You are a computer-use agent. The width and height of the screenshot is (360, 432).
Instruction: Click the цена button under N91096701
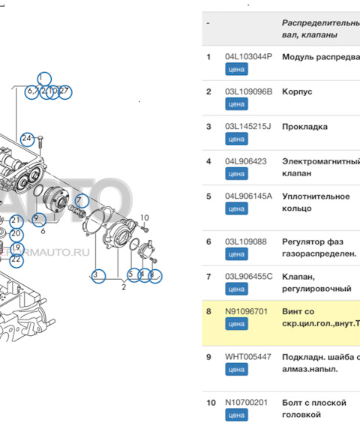point(236,324)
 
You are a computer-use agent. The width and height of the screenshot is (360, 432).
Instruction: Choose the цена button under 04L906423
point(236,174)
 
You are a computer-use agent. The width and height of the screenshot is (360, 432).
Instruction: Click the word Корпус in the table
point(297,91)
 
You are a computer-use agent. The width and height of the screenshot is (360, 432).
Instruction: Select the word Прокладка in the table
point(304,127)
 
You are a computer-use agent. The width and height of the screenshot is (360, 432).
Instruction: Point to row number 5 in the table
point(208,196)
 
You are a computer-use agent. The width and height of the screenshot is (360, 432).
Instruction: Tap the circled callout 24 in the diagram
point(27,138)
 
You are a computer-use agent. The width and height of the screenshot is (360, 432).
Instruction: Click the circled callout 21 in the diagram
point(16,220)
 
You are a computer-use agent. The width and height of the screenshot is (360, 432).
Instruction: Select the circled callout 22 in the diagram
point(16,259)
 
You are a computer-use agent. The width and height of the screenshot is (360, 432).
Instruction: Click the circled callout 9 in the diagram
point(36,218)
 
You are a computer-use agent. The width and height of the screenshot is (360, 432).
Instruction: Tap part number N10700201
point(247,403)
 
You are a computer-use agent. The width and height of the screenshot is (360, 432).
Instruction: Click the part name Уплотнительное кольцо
point(315,202)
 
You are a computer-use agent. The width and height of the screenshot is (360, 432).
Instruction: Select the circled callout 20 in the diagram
point(16,234)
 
